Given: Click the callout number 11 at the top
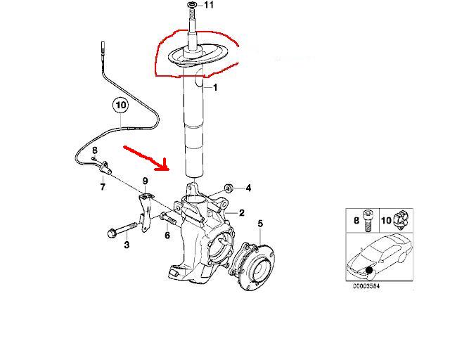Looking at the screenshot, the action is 209,5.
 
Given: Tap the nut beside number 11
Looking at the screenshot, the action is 191,5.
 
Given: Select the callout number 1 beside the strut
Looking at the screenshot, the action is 215,87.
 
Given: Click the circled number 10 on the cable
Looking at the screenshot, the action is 120,105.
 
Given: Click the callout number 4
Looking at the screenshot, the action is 248,188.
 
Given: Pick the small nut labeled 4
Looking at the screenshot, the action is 229,188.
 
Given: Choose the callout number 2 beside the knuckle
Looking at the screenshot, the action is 242,213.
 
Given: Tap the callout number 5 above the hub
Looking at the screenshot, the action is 260,223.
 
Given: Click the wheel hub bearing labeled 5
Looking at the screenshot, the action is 251,266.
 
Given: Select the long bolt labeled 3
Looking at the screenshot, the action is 122,230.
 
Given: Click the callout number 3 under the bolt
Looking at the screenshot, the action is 127,245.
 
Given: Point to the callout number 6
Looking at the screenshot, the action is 167,236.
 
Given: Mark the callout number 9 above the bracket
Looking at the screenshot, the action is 146,181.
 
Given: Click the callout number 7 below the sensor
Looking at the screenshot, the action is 103,186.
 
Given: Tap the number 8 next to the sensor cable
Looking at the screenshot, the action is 94,150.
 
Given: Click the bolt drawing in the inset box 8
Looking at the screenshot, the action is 368,220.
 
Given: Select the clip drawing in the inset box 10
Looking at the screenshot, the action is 400,219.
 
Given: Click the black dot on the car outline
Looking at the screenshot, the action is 369,270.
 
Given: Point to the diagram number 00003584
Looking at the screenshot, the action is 366,286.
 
